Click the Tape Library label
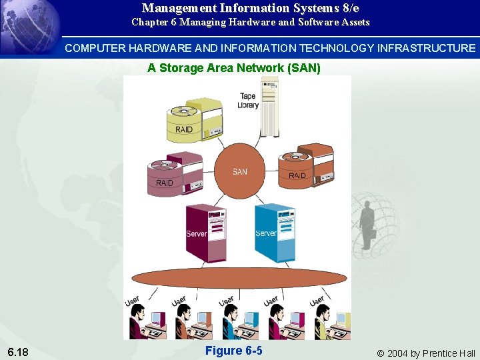tap(248, 101)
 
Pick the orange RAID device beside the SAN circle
tap(306, 166)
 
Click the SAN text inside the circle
tap(240, 172)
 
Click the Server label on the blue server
tap(266, 233)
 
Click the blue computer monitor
tap(250, 319)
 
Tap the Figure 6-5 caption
tap(233, 351)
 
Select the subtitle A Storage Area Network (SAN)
tap(234, 68)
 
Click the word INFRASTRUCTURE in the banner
tap(427, 48)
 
